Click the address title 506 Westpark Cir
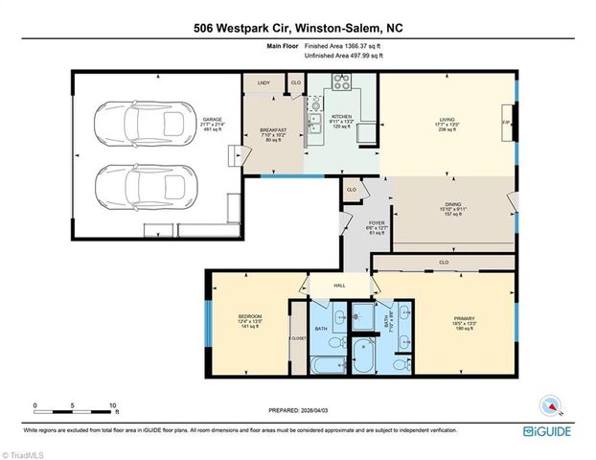[298, 28]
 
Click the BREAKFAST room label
[273, 130]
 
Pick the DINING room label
[453, 203]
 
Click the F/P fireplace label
[507, 123]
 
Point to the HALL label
[338, 285]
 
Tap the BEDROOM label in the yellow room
[250, 316]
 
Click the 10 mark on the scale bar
[114, 404]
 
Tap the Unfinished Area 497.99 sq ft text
[344, 57]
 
